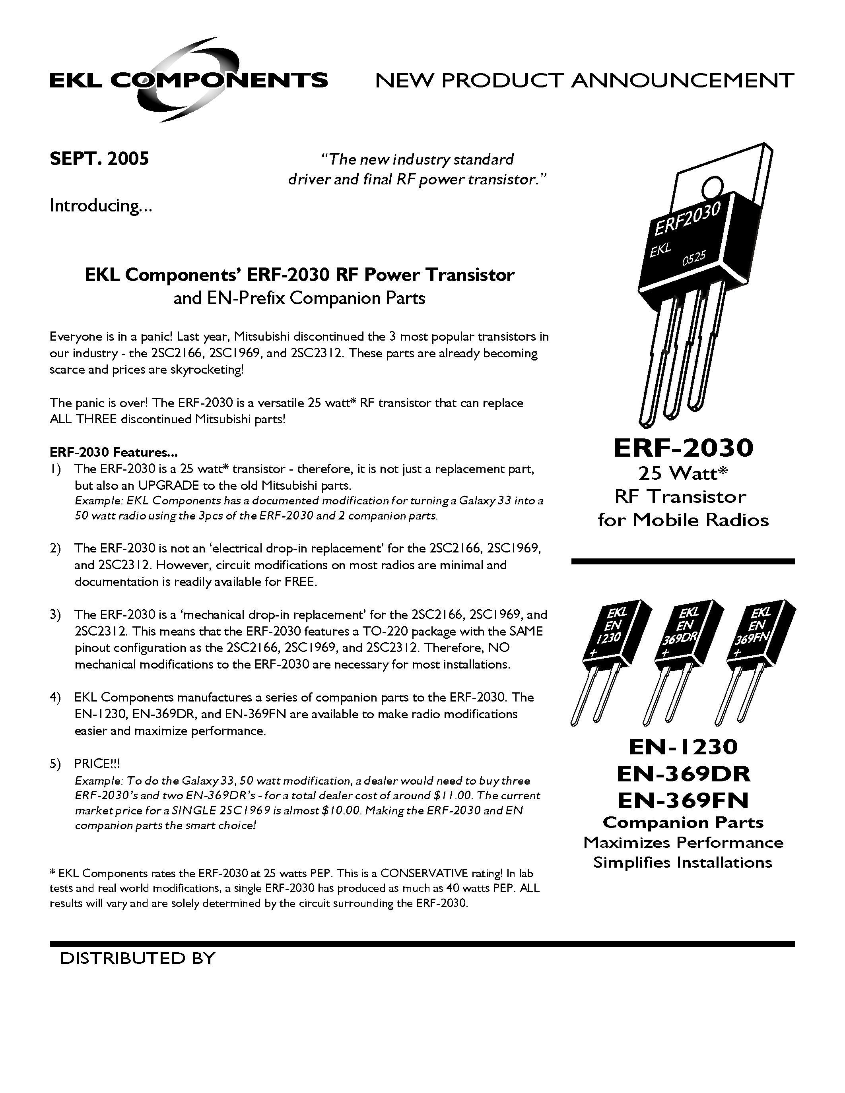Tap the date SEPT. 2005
click(x=99, y=159)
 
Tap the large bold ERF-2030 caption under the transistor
click(x=683, y=448)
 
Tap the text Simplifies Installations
click(x=683, y=862)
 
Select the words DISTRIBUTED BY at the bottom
click(x=138, y=958)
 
